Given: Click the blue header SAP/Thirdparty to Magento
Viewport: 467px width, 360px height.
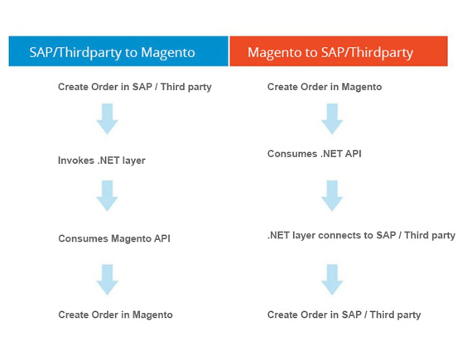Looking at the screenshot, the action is tap(118, 51).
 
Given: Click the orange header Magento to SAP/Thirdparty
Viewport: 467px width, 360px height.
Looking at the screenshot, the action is tap(339, 51).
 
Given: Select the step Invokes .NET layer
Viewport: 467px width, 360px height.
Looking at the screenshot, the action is tap(102, 161).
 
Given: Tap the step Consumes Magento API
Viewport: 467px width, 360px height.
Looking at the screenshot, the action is tap(114, 238).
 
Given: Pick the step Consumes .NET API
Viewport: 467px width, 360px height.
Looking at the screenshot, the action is tap(315, 154).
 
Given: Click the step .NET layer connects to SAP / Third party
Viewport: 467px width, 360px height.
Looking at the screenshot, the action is tap(361, 235).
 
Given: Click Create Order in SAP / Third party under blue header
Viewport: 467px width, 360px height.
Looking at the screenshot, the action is tap(135, 87).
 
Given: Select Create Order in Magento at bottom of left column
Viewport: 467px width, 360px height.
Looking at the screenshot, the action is tap(116, 314).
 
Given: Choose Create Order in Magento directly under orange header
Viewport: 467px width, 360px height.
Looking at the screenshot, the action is tap(325, 87).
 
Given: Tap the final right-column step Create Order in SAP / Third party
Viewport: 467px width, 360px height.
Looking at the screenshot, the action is tap(344, 314).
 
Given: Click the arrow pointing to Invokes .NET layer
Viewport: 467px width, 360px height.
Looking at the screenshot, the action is tap(107, 119).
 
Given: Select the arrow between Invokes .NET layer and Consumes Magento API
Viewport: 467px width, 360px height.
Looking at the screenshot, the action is tap(107, 195).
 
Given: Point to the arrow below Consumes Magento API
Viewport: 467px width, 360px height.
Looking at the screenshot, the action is tap(107, 280).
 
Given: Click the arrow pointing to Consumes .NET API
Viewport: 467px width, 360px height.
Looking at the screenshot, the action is tap(332, 119).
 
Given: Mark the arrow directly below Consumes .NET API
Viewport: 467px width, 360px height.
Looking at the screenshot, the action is tap(332, 195).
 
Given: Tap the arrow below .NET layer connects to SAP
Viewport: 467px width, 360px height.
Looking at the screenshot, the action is tap(332, 280).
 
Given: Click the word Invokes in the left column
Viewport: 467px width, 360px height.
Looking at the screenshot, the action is tap(76, 161).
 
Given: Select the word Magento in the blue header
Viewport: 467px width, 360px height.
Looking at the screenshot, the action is tap(168, 53).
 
